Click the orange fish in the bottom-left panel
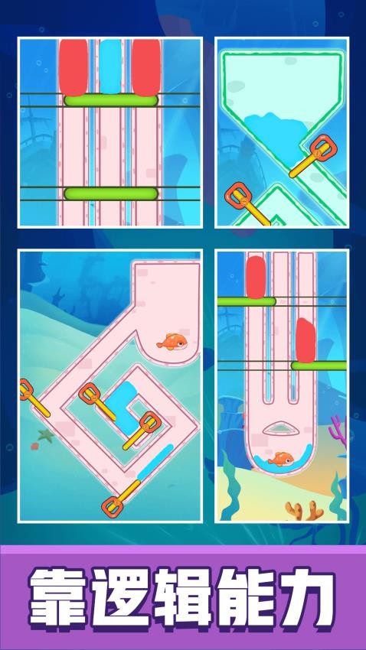click(x=172, y=342)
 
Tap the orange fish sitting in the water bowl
click(x=281, y=459)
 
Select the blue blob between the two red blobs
click(x=110, y=67)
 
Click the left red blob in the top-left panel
click(x=74, y=67)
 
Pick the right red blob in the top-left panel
click(x=146, y=67)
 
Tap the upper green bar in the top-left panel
click(x=111, y=100)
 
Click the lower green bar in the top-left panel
click(x=111, y=193)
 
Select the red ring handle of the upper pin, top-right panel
click(x=323, y=146)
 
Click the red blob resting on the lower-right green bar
click(x=306, y=340)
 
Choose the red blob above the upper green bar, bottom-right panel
click(x=256, y=277)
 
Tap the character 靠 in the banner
click(x=57, y=598)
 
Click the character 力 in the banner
click(x=307, y=598)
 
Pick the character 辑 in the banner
click(x=182, y=598)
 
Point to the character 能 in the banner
click(x=244, y=598)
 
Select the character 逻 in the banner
click(x=120, y=598)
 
